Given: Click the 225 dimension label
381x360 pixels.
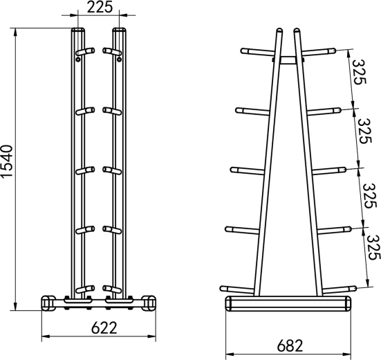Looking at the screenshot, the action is coord(100,7).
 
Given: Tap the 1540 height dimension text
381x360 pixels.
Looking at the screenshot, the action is coord(6,162).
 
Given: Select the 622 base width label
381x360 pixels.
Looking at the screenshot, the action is coord(104,327).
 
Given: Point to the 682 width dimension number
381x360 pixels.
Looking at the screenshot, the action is coord(290,345).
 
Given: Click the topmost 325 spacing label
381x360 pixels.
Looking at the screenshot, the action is coord(359,72).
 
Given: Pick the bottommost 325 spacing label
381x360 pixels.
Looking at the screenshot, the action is coord(373,247).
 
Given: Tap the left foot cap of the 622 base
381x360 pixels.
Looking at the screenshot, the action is coord(48,303).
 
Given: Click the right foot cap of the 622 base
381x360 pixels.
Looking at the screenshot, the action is coord(149,303).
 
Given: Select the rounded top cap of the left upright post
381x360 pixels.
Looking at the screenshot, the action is coord(78,30).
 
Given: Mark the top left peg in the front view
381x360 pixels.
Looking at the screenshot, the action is coord(85,51).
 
